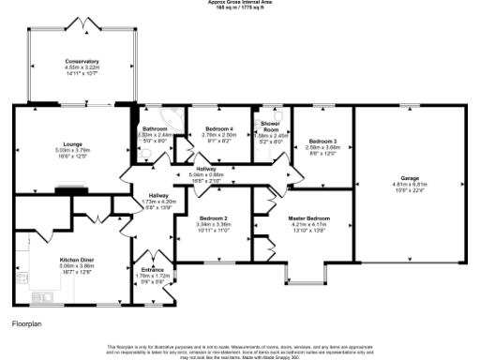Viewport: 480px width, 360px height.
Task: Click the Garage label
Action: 410,178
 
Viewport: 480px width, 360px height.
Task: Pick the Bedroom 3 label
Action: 322,141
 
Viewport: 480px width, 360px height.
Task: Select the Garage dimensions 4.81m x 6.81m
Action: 410,185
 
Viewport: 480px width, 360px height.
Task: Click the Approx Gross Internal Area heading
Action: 239,3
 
